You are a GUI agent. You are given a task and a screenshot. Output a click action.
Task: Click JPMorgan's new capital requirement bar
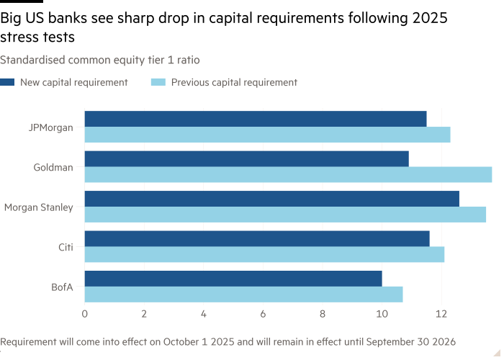pyautogui.click(x=256, y=119)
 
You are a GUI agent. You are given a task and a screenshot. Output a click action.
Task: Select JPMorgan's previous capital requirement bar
pyautogui.click(x=267, y=135)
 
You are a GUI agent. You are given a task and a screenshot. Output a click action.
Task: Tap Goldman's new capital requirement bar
pyautogui.click(x=246, y=158)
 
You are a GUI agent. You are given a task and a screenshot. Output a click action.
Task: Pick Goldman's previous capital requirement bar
pyautogui.click(x=288, y=174)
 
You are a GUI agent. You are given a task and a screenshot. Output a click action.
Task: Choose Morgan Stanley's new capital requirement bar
pyautogui.click(x=271, y=199)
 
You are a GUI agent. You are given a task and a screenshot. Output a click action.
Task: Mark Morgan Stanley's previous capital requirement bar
pyautogui.click(x=285, y=215)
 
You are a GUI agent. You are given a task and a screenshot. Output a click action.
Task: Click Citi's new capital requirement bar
pyautogui.click(x=257, y=238)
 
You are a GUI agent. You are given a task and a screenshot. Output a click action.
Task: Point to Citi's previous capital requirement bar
pyautogui.click(x=264, y=254)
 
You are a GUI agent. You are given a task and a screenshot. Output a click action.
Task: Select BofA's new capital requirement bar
pyautogui.click(x=233, y=279)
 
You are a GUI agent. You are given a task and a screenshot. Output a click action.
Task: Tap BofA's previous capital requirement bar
pyautogui.click(x=243, y=294)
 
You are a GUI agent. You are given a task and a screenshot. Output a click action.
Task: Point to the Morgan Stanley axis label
pyautogui.click(x=38, y=207)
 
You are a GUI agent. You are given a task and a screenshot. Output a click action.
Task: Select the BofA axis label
pyautogui.click(x=63, y=287)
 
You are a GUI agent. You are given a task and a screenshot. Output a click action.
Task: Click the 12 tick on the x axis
pyautogui.click(x=441, y=314)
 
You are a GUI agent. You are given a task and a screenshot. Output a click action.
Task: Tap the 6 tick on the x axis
pyautogui.click(x=263, y=314)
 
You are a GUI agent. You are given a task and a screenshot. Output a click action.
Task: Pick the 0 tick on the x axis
pyautogui.click(x=85, y=314)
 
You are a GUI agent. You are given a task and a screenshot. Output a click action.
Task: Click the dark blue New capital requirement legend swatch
pyautogui.click(x=7, y=82)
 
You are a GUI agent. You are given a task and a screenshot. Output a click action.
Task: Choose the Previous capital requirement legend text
pyautogui.click(x=233, y=82)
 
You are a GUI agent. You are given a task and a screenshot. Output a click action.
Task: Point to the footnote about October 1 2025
pyautogui.click(x=228, y=341)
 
